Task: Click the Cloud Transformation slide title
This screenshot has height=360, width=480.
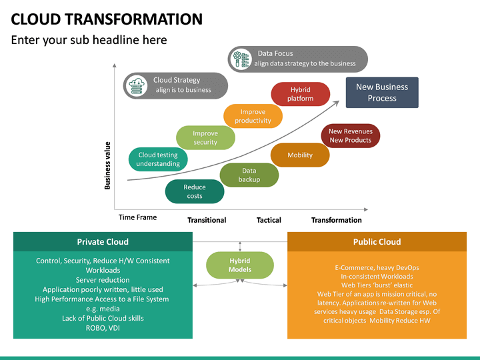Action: [x=107, y=19]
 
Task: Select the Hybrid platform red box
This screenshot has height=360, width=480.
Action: [x=300, y=94]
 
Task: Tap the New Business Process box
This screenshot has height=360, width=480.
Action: [x=382, y=93]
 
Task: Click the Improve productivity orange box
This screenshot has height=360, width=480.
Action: [x=253, y=116]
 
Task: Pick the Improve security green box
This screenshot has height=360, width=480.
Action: [x=205, y=138]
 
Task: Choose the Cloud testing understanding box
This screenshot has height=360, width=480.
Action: [x=158, y=159]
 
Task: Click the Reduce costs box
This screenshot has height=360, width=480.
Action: [x=195, y=191]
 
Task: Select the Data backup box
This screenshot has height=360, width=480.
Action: [x=249, y=175]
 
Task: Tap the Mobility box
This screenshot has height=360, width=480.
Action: [x=300, y=155]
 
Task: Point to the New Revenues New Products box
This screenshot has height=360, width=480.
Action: [x=350, y=135]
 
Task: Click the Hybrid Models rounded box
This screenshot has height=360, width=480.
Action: [x=240, y=265]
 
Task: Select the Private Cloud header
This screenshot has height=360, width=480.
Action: [x=103, y=242]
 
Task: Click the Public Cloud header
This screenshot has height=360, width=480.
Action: [x=377, y=242]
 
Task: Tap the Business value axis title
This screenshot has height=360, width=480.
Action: [x=107, y=165]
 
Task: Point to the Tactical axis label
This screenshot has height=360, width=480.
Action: [x=269, y=220]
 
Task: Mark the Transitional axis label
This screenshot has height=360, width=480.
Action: [x=207, y=220]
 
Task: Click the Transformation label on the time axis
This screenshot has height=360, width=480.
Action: [x=336, y=220]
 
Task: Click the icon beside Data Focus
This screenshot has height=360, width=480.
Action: [x=241, y=59]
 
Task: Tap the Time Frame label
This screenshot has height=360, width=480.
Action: [x=138, y=217]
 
